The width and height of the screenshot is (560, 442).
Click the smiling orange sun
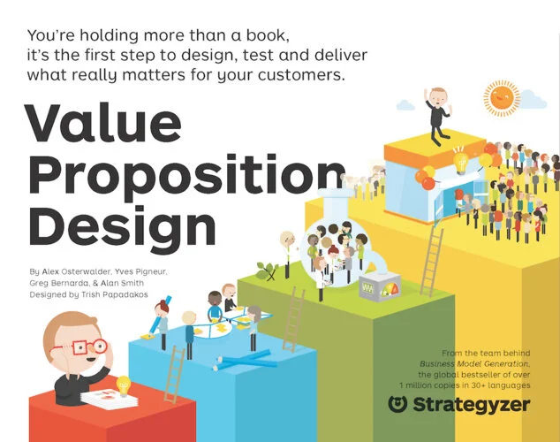coord(502,96)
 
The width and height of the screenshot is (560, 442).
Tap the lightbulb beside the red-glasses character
coord(123,385)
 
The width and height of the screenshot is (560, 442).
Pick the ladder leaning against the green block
coord(293,319)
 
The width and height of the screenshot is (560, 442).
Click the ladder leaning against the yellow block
coord(432,239)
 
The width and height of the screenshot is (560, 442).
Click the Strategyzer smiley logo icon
coord(399,404)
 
